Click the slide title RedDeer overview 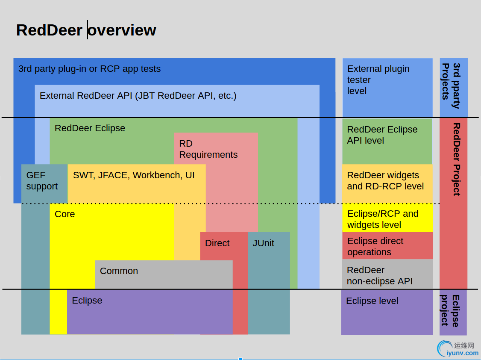click(86, 30)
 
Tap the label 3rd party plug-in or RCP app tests click(89, 69)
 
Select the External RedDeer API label click(138, 96)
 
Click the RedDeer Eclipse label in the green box click(90, 128)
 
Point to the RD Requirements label click(208, 149)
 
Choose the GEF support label click(42, 181)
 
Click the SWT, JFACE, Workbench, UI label click(134, 175)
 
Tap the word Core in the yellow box click(65, 214)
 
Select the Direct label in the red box click(217, 243)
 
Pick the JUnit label click(263, 243)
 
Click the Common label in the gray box click(119, 271)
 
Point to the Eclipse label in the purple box click(87, 301)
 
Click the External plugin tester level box click(387, 87)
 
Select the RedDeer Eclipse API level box click(387, 141)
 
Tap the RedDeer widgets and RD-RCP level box click(387, 181)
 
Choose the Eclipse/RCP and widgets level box click(387, 219)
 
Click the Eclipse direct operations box click(387, 246)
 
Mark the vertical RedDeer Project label click(456, 159)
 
